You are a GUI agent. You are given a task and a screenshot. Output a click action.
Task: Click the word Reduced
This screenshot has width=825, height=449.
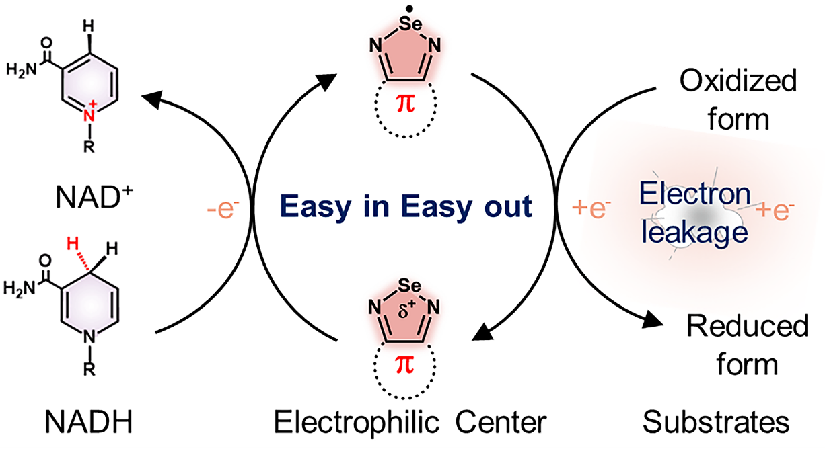pos(747,327)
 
